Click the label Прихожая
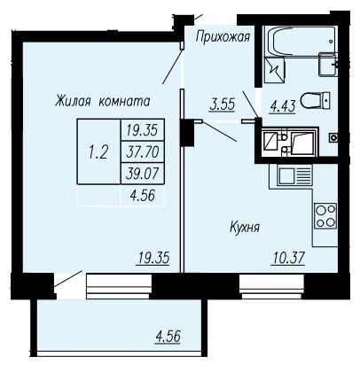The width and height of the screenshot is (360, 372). click(x=223, y=37)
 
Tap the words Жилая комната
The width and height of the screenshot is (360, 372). click(x=102, y=101)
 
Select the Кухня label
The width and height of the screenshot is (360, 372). click(x=245, y=228)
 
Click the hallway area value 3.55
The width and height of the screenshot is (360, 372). click(x=223, y=105)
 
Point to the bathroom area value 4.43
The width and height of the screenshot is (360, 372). click(x=283, y=107)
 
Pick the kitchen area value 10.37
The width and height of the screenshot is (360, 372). click(x=288, y=258)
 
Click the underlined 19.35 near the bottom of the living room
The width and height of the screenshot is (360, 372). click(x=153, y=258)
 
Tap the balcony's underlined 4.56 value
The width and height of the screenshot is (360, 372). click(x=168, y=337)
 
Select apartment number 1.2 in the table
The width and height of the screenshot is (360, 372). click(x=98, y=152)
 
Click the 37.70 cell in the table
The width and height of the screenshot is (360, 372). click(x=143, y=152)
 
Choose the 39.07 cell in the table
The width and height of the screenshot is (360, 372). click(x=143, y=174)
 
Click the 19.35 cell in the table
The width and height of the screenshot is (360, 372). click(x=143, y=130)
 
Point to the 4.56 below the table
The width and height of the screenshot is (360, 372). click(x=143, y=195)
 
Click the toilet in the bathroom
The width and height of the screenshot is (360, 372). click(x=316, y=100)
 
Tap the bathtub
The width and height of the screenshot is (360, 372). click(x=301, y=41)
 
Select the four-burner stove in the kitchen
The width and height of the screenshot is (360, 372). click(x=325, y=216)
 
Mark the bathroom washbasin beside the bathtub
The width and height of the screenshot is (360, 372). click(x=328, y=65)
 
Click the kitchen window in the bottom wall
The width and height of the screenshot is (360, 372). click(x=271, y=286)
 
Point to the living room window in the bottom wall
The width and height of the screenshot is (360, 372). click(x=119, y=286)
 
